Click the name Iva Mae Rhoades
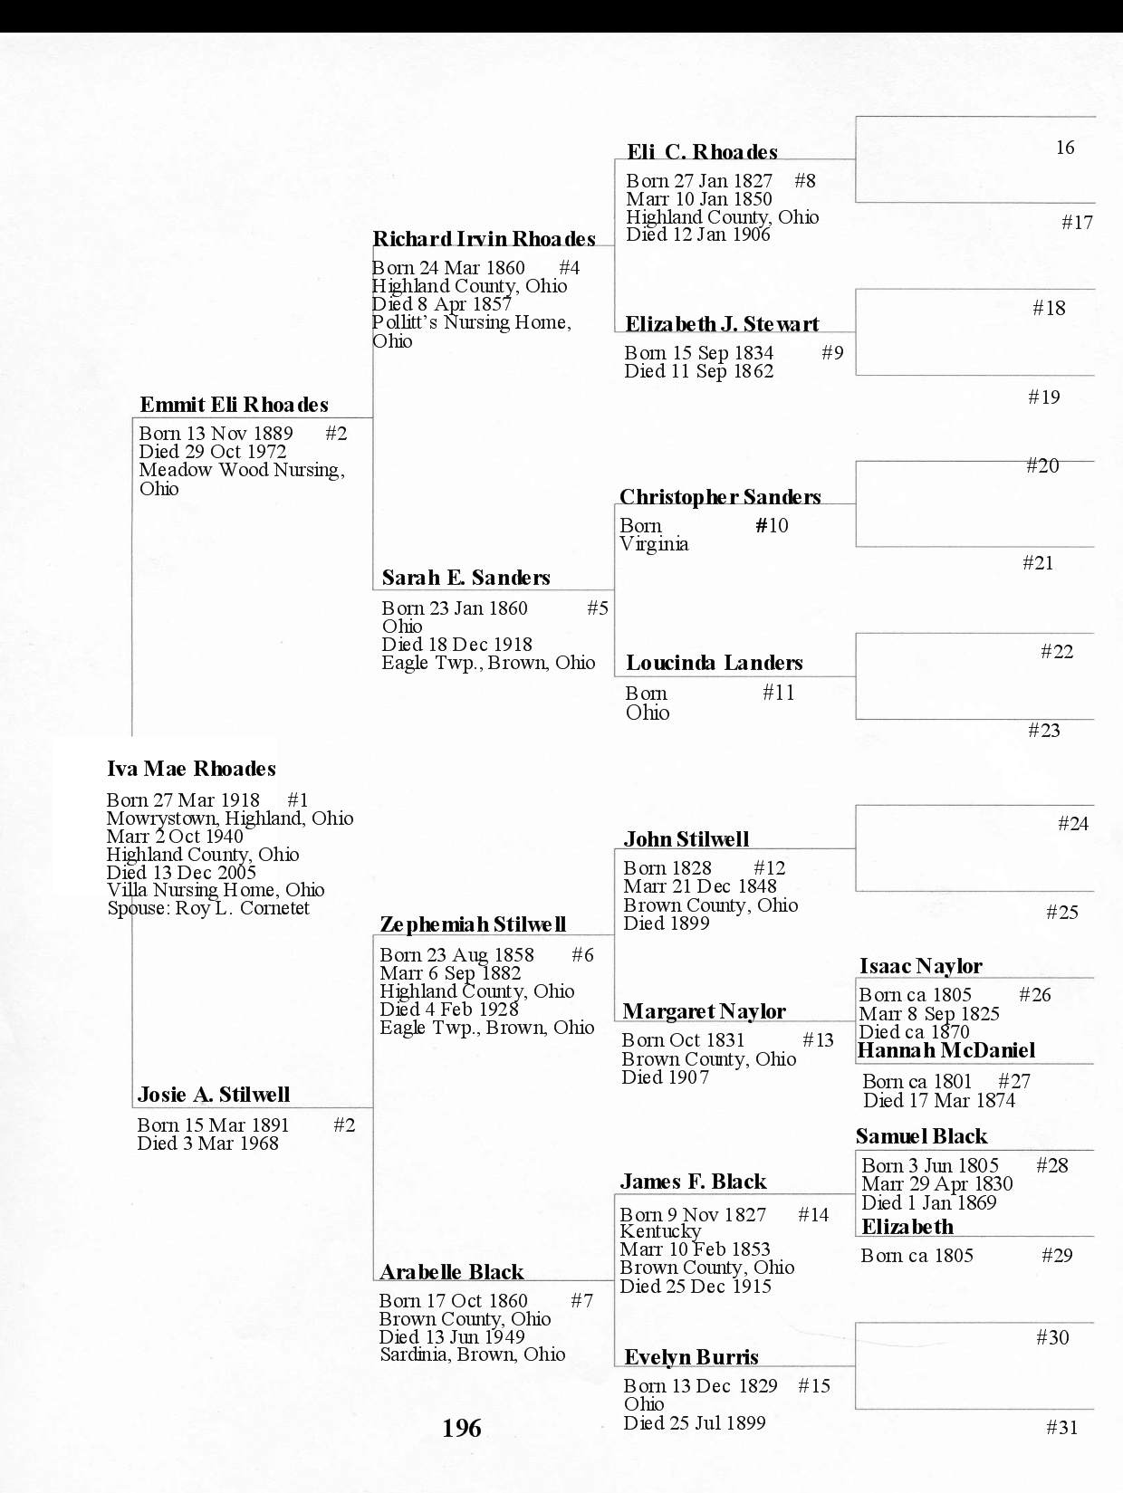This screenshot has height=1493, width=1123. point(191,770)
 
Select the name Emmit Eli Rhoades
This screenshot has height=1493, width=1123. point(234,405)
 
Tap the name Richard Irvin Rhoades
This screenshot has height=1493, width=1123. point(484,239)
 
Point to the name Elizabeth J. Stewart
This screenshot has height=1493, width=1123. point(722,324)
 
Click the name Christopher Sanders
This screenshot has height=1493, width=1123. point(720,497)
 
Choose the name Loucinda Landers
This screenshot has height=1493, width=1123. point(714,663)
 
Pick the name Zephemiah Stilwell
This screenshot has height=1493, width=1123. point(473,924)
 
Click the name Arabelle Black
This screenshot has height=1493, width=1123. point(451,1272)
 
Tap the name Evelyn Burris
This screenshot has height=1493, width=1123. point(691,1356)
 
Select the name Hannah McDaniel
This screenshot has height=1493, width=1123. point(945,1050)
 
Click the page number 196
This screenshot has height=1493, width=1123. point(461,1429)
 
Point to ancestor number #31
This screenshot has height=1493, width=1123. point(1061,1428)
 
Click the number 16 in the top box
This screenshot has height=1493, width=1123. point(1064,148)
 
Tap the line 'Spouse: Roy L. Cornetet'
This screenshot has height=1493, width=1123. point(208,908)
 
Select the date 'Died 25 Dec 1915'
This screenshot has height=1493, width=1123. point(696,1286)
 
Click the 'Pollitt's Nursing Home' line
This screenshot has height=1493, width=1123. point(471,322)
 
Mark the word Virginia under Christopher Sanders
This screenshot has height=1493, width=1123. point(654,544)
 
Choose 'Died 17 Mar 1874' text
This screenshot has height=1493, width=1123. point(939,1100)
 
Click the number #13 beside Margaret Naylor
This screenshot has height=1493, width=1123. point(818,1040)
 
